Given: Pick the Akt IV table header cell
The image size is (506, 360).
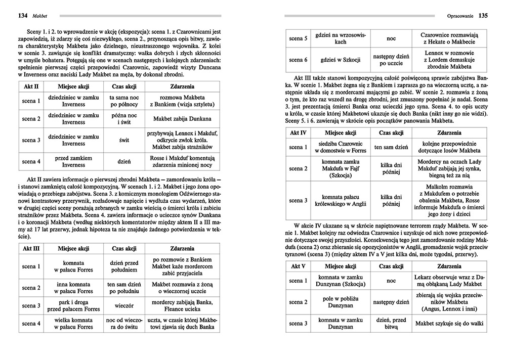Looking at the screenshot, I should [298, 132].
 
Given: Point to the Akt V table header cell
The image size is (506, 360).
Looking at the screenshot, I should [298, 266].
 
